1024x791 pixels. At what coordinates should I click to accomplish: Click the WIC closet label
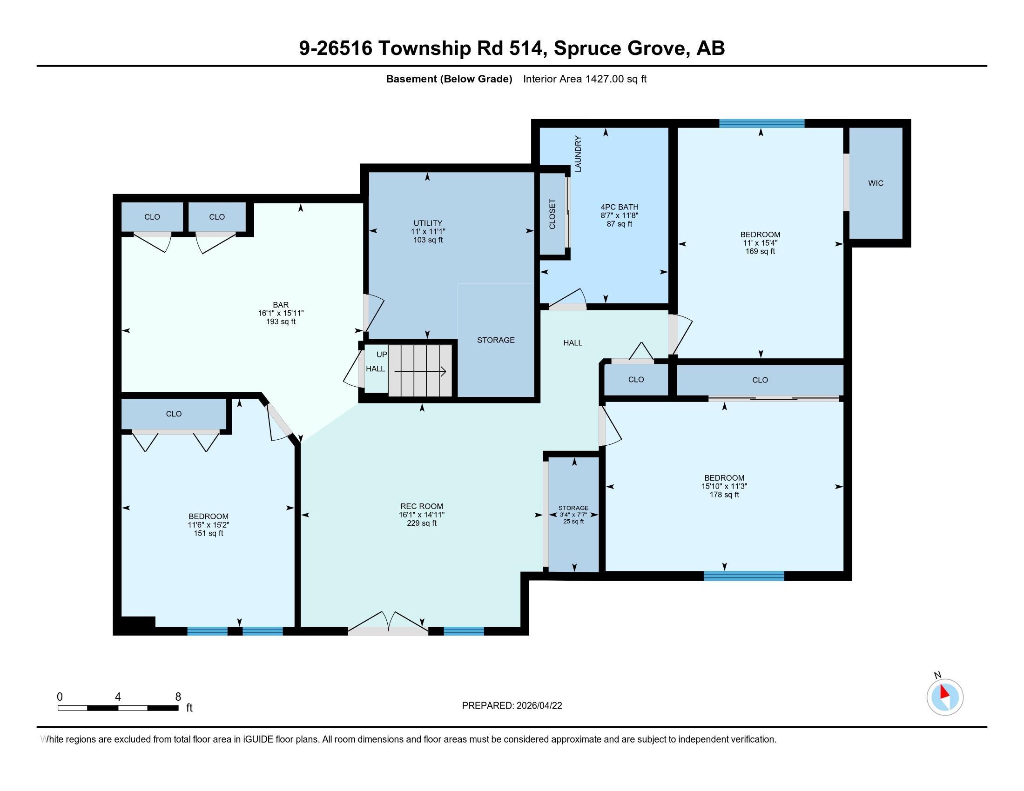point(876,183)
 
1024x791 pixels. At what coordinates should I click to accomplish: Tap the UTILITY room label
point(428,223)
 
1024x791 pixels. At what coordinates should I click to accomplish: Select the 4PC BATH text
point(620,207)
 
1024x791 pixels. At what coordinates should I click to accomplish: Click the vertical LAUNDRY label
point(578,154)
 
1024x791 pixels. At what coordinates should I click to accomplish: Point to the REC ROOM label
point(422,506)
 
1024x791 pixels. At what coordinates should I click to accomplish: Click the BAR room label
point(281,305)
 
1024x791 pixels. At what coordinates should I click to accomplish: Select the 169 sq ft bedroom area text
point(760,251)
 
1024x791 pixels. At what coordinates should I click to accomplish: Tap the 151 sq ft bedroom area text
point(209,533)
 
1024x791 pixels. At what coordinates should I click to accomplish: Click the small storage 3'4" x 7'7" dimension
point(573,515)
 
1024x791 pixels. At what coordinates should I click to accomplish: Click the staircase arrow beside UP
point(420,372)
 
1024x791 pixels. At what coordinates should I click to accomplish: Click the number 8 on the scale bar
point(178,697)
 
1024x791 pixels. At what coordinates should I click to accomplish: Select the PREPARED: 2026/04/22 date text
point(512,706)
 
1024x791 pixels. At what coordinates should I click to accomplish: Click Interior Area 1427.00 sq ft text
point(585,79)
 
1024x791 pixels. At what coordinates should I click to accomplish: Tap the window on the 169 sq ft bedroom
point(761,123)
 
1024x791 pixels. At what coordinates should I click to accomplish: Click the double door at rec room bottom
point(388,630)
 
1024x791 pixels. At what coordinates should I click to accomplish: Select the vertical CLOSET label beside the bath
point(552,214)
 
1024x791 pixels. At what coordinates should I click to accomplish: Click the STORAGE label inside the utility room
point(496,340)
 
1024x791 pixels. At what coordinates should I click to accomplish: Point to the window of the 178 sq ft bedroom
point(744,576)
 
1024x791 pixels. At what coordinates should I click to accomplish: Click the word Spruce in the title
point(586,48)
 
